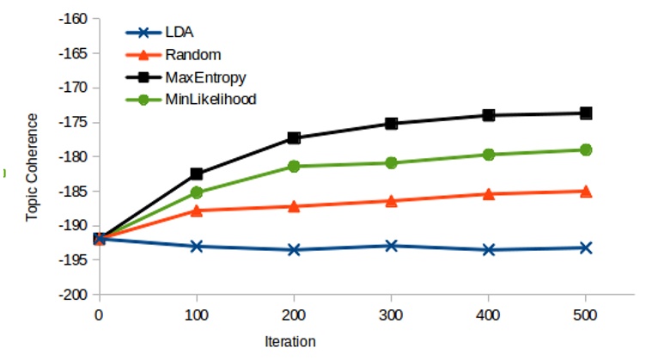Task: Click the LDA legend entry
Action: pos(178,34)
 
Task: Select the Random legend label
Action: pos(188,55)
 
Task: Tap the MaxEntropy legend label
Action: pos(205,77)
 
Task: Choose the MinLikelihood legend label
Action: pos(210,99)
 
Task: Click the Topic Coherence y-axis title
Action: pos(32,168)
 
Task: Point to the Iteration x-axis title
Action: pos(290,341)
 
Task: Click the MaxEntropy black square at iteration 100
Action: pos(196,174)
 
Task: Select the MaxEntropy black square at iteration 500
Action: pos(586,113)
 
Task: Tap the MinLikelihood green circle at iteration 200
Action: pos(294,166)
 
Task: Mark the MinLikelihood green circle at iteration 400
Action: pos(489,155)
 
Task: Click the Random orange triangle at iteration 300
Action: pos(391,200)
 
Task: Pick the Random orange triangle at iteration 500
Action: pos(586,191)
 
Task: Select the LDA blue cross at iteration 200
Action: pos(294,249)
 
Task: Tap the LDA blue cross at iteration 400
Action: pos(489,249)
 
